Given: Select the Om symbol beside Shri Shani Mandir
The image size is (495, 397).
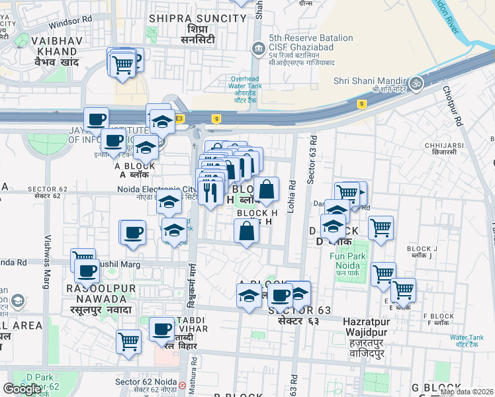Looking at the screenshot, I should click(x=417, y=83).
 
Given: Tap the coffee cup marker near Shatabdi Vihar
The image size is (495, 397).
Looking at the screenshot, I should click(x=161, y=328).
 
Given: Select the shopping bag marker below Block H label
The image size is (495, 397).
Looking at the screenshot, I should click(x=246, y=232).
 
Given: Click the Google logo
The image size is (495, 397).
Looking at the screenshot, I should click(x=22, y=389).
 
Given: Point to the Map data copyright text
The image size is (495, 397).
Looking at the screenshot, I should click(x=466, y=392).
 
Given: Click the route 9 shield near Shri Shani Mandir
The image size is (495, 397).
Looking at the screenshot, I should click(x=361, y=104).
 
